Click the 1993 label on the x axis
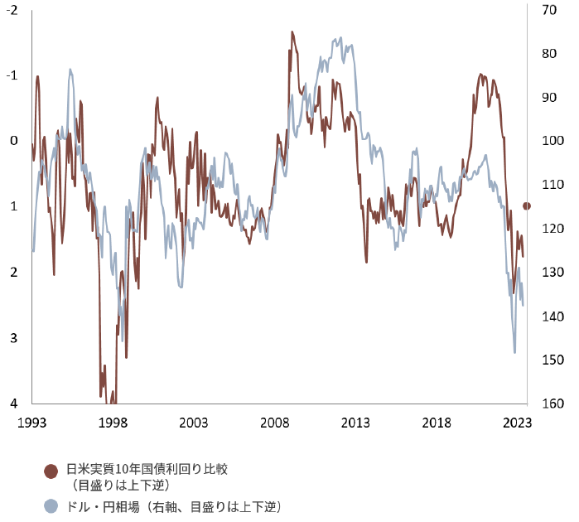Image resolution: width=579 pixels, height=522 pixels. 31,422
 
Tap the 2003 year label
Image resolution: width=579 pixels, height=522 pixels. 194,422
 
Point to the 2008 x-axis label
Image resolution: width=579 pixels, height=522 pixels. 275,422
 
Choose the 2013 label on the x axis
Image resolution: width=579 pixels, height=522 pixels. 356,422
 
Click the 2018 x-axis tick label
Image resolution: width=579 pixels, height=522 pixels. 437,422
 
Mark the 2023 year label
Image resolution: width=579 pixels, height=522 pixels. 518,422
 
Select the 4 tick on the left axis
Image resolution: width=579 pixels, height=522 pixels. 14,404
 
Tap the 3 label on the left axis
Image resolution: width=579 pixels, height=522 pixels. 14,338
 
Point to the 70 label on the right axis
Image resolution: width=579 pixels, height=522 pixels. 548,9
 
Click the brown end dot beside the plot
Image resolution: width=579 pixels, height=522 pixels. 527,205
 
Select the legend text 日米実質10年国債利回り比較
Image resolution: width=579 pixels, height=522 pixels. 146,469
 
